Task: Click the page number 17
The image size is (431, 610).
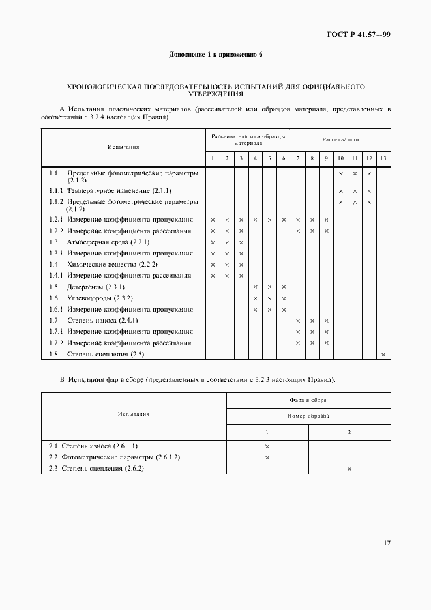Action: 386,542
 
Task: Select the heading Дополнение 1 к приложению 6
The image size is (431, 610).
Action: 215,54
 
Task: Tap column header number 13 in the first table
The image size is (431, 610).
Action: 383,159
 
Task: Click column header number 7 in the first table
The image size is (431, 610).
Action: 297,159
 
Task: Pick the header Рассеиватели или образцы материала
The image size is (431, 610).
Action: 248,139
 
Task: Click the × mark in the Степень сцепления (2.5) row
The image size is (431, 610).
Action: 383,355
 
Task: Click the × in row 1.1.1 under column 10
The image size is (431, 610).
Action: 340,191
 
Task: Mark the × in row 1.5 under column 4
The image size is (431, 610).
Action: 255,287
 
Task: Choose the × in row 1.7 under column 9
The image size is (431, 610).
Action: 326,321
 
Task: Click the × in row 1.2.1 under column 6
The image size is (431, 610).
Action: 284,220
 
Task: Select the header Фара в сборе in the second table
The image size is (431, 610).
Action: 308,400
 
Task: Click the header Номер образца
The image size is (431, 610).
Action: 308,415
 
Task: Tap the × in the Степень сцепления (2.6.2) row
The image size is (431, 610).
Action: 349,469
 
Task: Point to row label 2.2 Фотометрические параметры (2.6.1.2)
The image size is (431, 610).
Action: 114,457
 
